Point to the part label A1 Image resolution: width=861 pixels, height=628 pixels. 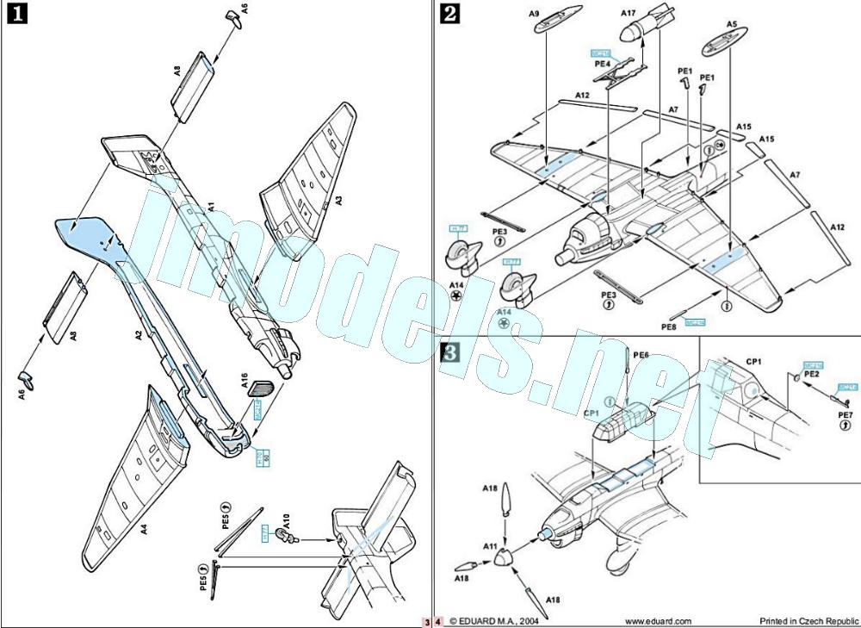(211, 207)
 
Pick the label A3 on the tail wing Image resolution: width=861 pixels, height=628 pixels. (338, 200)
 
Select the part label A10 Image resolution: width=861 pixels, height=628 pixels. (285, 519)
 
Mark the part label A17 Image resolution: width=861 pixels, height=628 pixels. (628, 13)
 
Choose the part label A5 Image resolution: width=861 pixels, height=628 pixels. (731, 24)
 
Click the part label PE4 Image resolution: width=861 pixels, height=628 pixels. (602, 63)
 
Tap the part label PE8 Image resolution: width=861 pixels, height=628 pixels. (668, 326)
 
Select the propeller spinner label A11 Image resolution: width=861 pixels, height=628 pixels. (490, 546)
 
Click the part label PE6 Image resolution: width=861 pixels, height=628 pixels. (641, 355)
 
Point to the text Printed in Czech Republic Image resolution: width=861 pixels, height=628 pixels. (808, 620)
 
